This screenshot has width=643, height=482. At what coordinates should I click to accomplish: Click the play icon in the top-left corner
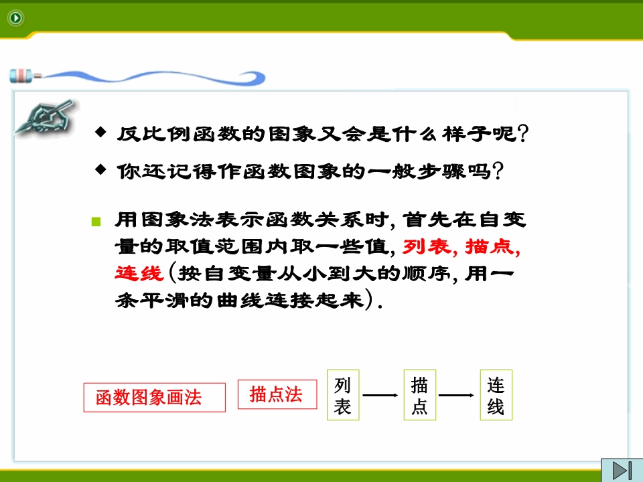pos(16,17)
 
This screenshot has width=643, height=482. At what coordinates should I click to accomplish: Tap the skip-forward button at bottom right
pos(622,470)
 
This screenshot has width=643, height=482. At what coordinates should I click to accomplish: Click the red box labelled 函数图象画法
pos(155,397)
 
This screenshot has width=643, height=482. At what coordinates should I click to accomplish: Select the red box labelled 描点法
pos(277,394)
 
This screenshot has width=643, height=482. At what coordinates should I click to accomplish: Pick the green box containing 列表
pos(343,395)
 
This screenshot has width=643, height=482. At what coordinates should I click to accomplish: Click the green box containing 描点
pos(419,395)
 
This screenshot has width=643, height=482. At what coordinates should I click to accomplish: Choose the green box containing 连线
pos(496,395)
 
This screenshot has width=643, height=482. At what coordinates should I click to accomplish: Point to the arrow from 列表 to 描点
pos(380,395)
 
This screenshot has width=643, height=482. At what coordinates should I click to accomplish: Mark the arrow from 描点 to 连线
pos(456,395)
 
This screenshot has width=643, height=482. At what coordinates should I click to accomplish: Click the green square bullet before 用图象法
pos(96,222)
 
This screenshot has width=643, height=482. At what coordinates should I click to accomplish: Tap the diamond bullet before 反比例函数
pos(100,132)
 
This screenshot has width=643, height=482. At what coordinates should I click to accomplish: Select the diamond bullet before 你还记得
pos(100,169)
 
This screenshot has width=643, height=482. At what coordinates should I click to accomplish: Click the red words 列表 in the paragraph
pos(427,247)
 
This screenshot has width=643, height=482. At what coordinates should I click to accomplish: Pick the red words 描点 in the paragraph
pos(489,247)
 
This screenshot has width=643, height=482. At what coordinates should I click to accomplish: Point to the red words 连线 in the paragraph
pos(139,273)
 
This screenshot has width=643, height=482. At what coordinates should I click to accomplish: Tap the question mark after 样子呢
pos(523,133)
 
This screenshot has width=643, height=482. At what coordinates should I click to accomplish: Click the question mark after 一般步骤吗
pos(498,171)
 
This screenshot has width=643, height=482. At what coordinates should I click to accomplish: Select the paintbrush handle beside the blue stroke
pos(25,76)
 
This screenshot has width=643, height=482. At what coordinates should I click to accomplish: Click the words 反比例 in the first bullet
pos(154,134)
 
